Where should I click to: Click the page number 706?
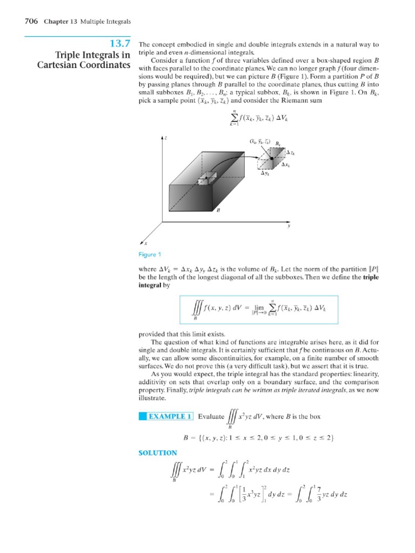click(31, 21)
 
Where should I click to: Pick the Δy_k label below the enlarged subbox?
click(265, 173)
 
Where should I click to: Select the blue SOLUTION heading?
click(158, 453)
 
